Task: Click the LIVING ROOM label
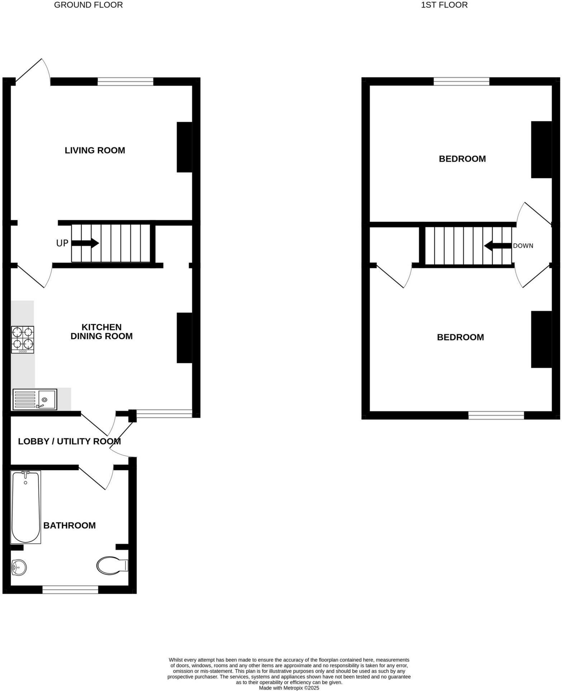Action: click(95, 151)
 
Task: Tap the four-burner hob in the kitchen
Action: click(23, 339)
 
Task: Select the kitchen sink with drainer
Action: click(35, 399)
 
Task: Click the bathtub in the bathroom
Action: click(25, 507)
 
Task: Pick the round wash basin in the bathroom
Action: click(19, 567)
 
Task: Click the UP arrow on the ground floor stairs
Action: click(85, 243)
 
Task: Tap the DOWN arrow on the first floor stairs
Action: click(497, 246)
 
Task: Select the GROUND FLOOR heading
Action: click(88, 5)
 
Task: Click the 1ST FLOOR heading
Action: click(444, 5)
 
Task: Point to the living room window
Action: click(126, 81)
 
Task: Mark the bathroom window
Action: click(70, 589)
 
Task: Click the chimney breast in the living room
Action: click(184, 147)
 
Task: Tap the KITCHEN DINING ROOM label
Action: click(101, 332)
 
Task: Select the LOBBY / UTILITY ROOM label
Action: click(69, 441)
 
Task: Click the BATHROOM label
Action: click(70, 525)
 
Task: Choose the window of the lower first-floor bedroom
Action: click(496, 415)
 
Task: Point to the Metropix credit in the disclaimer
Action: click(289, 688)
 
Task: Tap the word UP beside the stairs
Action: click(62, 243)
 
